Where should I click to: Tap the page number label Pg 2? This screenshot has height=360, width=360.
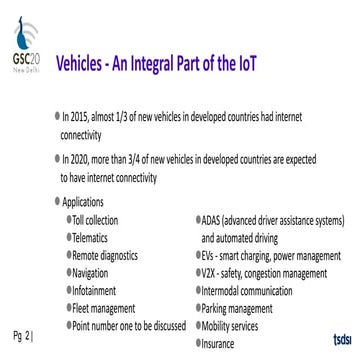pyautogui.click(x=24, y=331)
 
